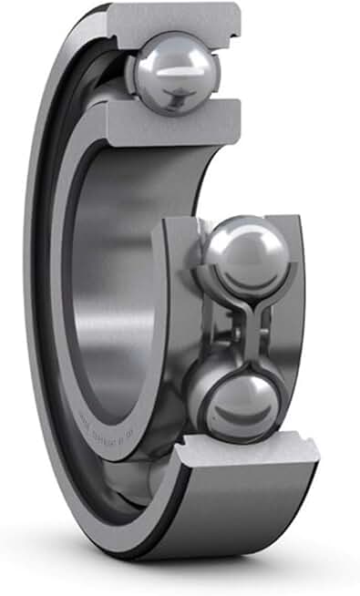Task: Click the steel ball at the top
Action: [172, 72]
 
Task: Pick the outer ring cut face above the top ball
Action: [177, 18]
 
